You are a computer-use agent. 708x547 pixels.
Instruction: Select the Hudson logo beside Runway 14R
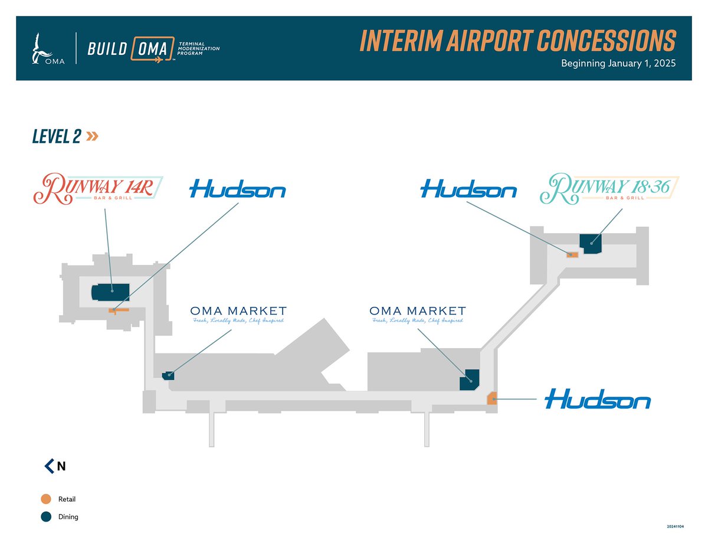coord(237,190)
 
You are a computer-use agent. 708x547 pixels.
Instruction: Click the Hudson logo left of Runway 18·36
coord(468,190)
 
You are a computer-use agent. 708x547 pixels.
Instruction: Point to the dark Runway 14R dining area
coord(110,292)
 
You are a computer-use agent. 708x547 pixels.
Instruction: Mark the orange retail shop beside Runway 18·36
coord(572,255)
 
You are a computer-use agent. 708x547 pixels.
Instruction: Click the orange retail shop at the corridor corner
coord(491,398)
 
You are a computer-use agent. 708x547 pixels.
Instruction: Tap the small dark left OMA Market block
coord(168,375)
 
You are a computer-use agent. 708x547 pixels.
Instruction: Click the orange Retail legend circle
coord(45,499)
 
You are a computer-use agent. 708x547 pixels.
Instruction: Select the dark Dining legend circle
coord(45,517)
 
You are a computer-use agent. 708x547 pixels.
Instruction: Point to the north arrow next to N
coord(49,466)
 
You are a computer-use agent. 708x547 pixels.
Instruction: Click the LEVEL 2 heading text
coord(57,136)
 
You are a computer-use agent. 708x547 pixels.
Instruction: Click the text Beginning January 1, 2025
coord(618,63)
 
